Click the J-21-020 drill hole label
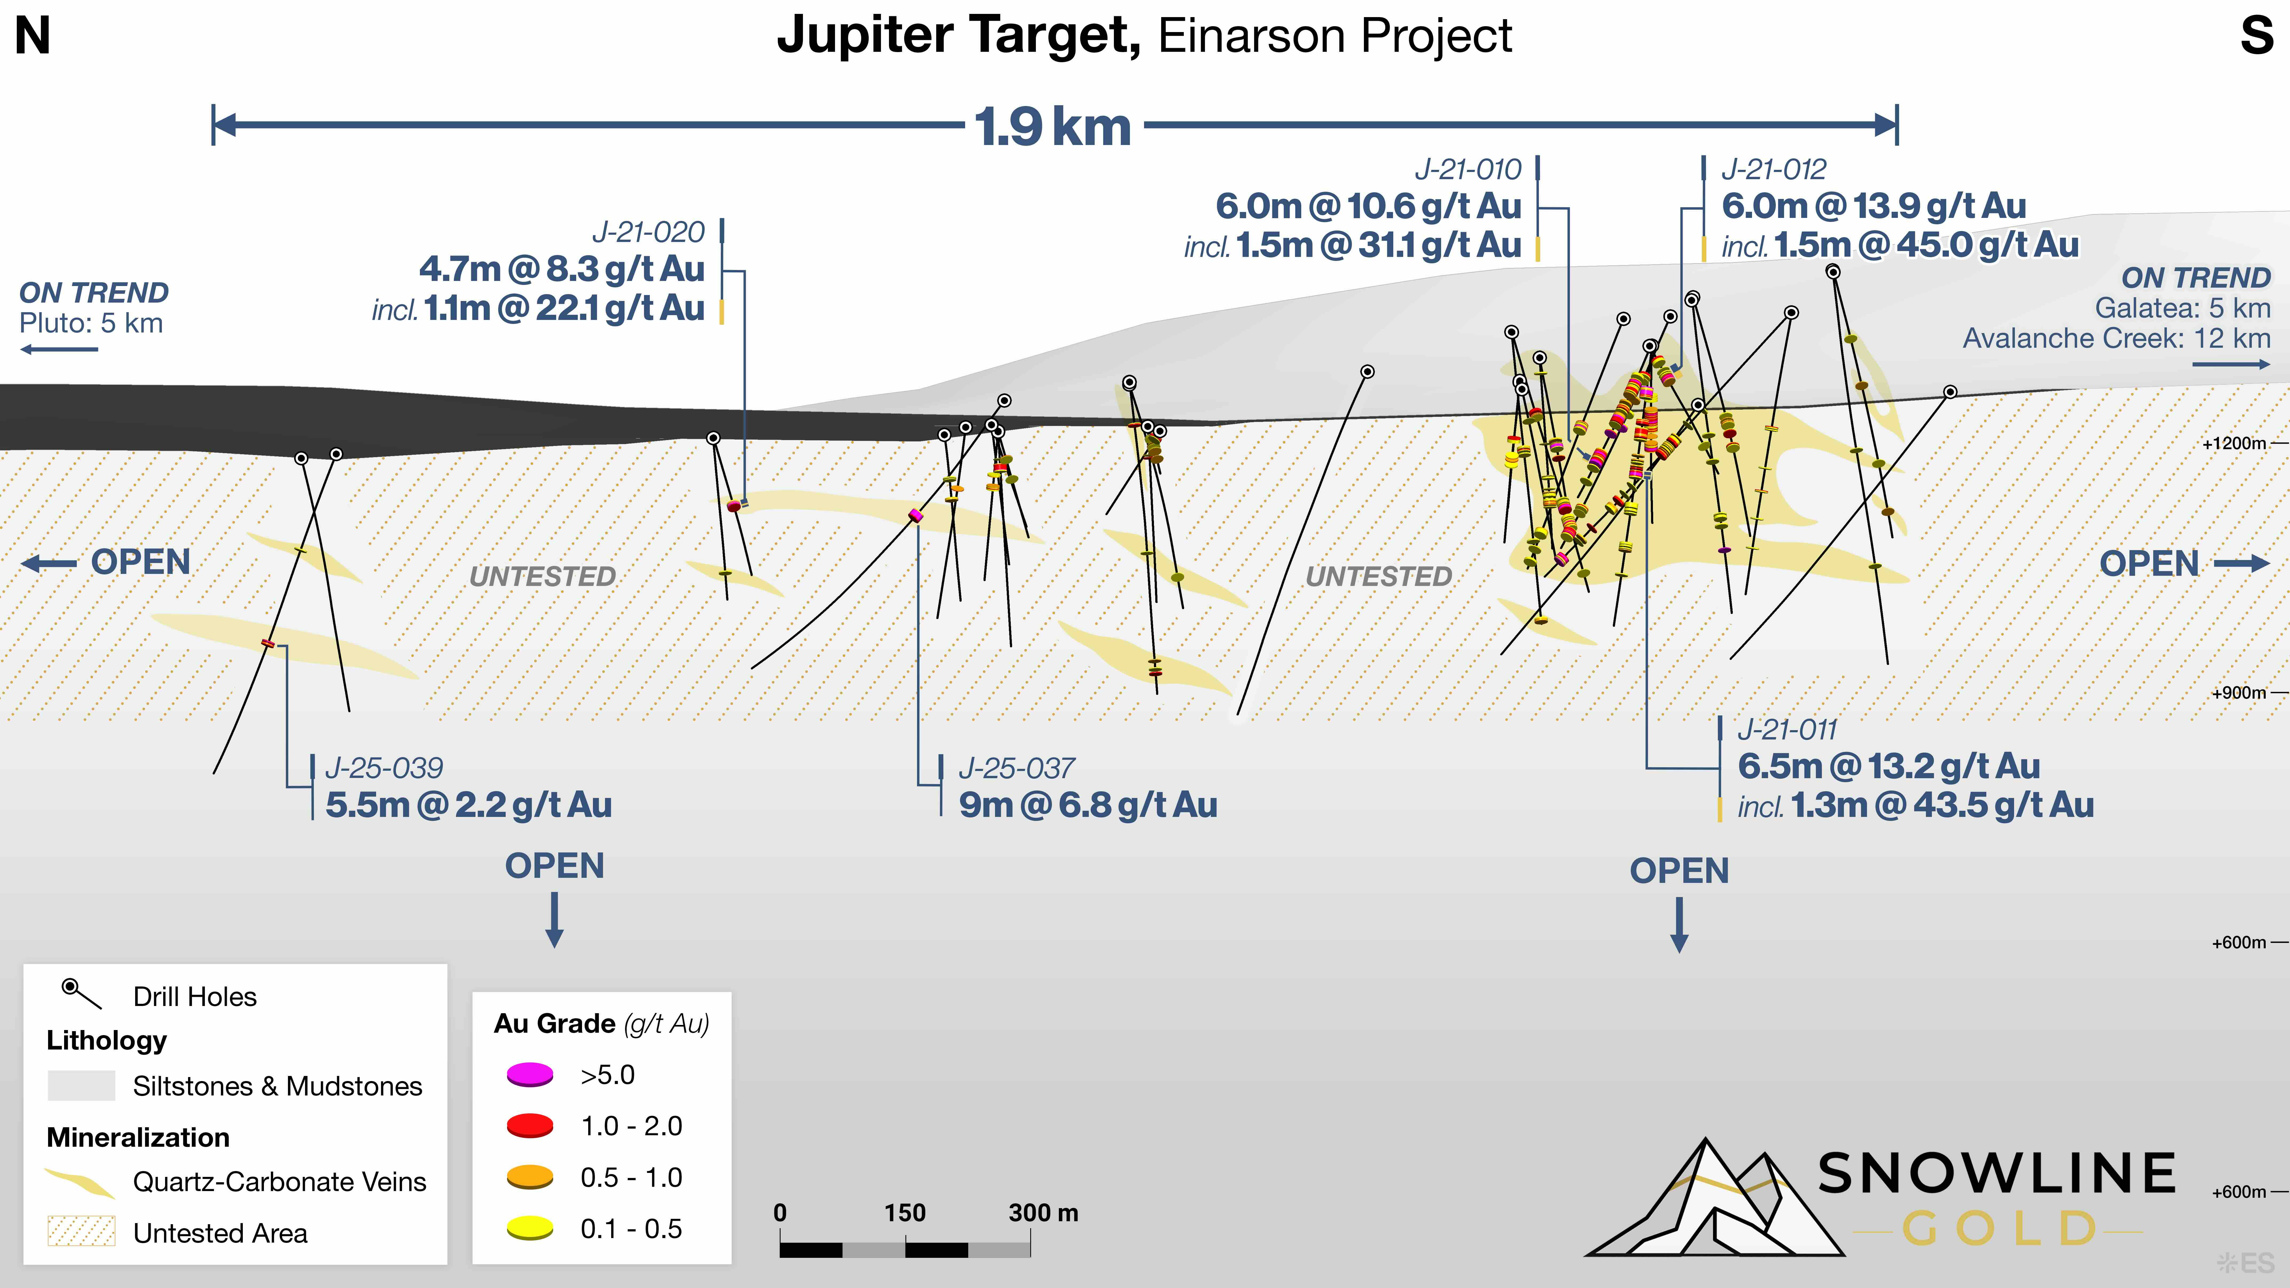click(x=648, y=232)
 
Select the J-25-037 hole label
click(x=1016, y=768)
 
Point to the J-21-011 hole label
click(x=1787, y=730)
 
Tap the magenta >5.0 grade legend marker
click(x=530, y=1075)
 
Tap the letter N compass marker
click(x=33, y=36)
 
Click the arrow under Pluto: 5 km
click(x=59, y=349)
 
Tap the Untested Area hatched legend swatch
click(x=81, y=1232)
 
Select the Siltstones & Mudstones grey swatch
click(x=81, y=1085)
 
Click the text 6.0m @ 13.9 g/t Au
click(x=1873, y=206)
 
